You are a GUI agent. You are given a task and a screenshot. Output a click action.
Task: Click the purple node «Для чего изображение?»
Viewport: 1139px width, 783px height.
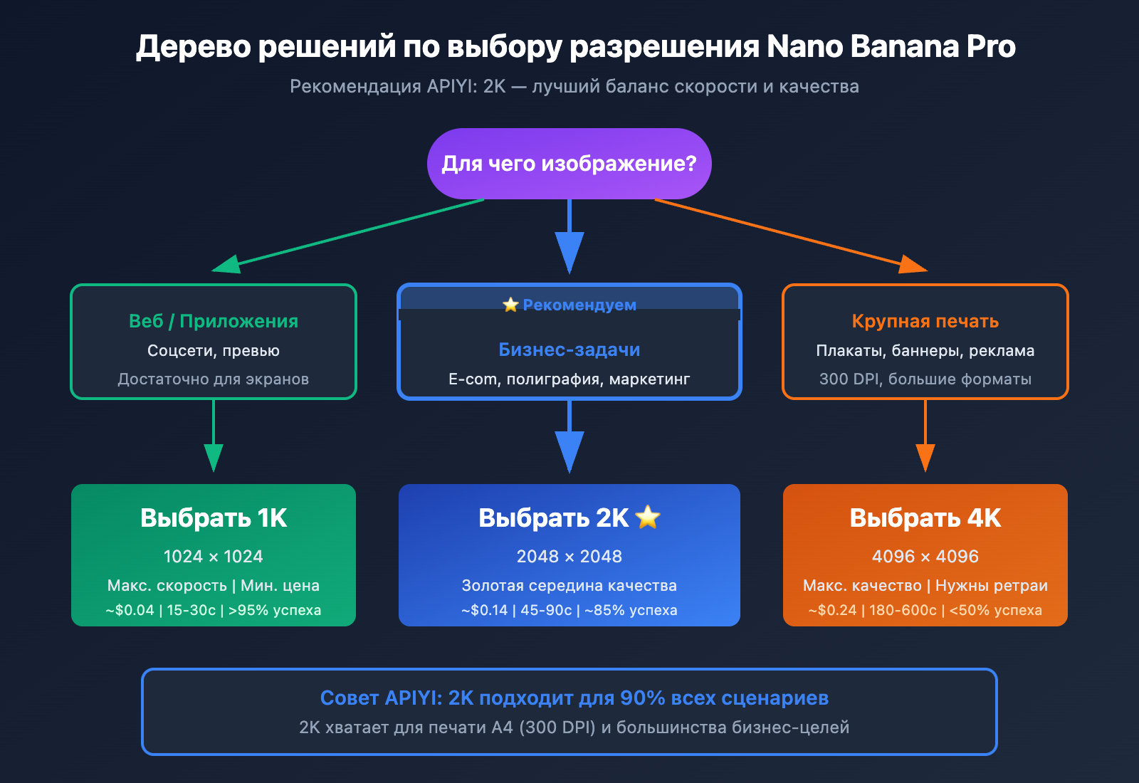click(569, 164)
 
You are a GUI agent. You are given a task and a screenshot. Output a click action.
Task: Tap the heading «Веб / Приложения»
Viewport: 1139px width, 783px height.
click(214, 321)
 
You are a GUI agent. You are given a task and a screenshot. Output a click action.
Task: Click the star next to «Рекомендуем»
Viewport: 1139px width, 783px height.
click(510, 305)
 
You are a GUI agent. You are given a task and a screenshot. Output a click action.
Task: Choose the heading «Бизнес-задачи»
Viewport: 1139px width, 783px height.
click(569, 350)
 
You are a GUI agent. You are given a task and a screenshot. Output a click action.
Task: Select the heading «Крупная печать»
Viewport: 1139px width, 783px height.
click(925, 321)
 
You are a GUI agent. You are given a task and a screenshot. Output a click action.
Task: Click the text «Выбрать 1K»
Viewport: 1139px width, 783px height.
click(214, 518)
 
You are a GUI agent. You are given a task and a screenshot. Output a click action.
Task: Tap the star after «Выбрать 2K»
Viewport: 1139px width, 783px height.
click(648, 517)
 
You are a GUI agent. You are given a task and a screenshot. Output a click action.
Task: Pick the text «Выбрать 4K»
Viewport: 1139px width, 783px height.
click(925, 518)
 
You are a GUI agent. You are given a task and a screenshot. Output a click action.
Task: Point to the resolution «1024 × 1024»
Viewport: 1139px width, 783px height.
click(214, 557)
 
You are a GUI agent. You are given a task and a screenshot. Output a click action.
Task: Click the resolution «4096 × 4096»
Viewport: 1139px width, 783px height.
click(925, 557)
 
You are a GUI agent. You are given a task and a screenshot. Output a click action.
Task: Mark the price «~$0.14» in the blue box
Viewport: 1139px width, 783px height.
click(485, 611)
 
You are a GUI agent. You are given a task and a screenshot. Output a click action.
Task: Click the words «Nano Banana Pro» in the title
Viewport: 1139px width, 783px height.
click(891, 47)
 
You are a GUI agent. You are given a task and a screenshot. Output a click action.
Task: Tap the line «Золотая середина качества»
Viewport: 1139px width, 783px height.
click(569, 586)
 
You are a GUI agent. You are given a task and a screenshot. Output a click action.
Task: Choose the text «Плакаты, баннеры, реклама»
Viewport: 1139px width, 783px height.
click(925, 351)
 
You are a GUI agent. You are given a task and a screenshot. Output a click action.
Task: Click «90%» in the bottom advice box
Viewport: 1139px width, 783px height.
click(642, 698)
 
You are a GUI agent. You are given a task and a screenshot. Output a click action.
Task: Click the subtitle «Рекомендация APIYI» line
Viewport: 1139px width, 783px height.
click(574, 87)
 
